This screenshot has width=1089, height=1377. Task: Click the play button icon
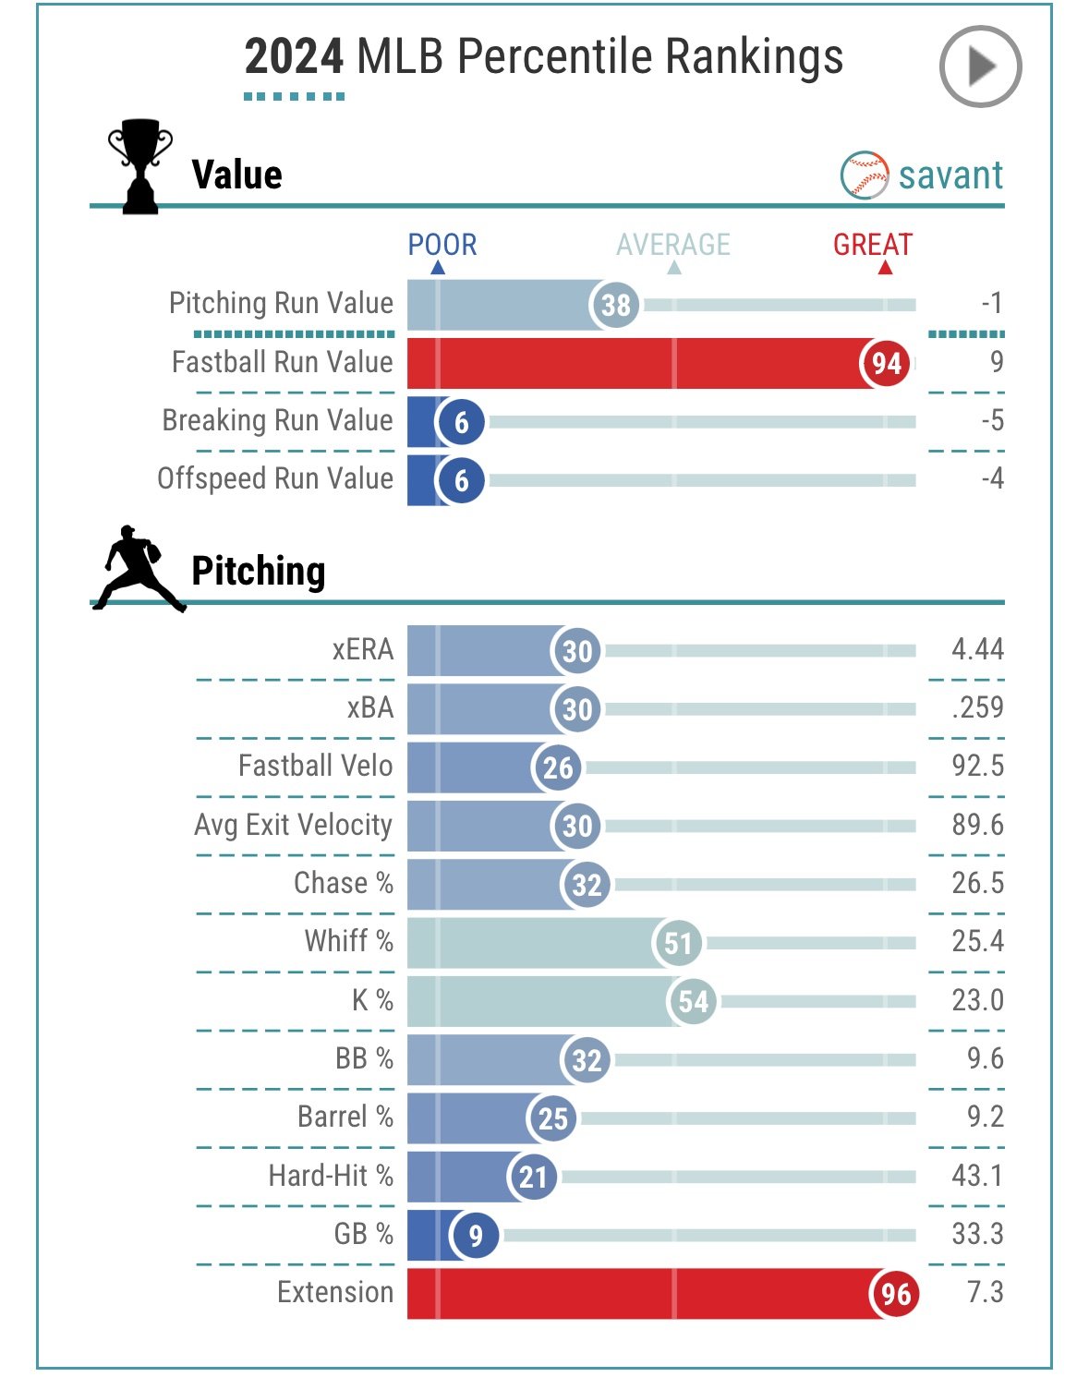(x=980, y=66)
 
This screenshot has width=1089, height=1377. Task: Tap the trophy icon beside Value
(x=140, y=167)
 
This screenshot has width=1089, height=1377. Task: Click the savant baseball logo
(x=865, y=175)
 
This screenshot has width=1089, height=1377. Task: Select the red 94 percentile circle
(x=886, y=363)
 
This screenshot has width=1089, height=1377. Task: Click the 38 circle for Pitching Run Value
(x=615, y=305)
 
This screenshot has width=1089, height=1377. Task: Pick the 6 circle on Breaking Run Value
(x=461, y=422)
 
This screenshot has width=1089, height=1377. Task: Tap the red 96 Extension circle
(x=895, y=1293)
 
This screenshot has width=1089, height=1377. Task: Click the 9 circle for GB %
(x=475, y=1235)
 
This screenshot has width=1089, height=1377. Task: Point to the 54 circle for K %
(x=693, y=1001)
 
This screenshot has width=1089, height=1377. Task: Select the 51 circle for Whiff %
(x=677, y=943)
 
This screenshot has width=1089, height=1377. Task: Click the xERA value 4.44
(x=977, y=649)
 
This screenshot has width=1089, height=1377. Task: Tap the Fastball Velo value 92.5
(x=977, y=766)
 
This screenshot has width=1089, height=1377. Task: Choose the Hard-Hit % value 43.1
(x=977, y=1176)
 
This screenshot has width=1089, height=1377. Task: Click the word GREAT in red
(x=872, y=245)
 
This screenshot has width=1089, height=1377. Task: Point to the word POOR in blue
(x=442, y=245)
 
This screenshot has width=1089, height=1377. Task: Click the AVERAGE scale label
(x=673, y=245)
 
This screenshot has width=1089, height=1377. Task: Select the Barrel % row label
(x=345, y=1117)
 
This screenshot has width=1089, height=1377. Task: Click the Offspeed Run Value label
(x=275, y=478)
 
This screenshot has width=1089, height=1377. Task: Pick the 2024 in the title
(x=294, y=57)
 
